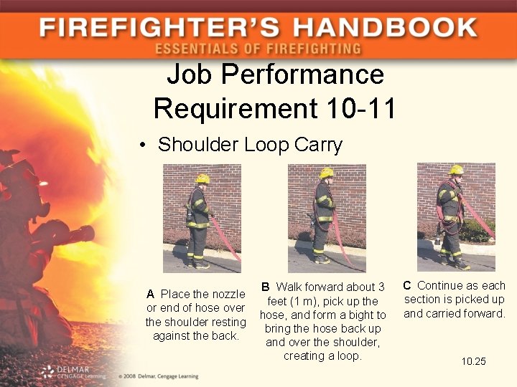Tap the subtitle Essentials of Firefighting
258,49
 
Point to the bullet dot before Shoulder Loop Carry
144,145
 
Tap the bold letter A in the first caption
150,294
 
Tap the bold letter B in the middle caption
266,287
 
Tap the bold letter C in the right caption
407,285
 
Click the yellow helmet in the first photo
203,178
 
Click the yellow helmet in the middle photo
327,173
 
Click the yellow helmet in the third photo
456,170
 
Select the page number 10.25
473,361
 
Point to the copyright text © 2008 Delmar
154,375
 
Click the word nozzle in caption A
228,294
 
